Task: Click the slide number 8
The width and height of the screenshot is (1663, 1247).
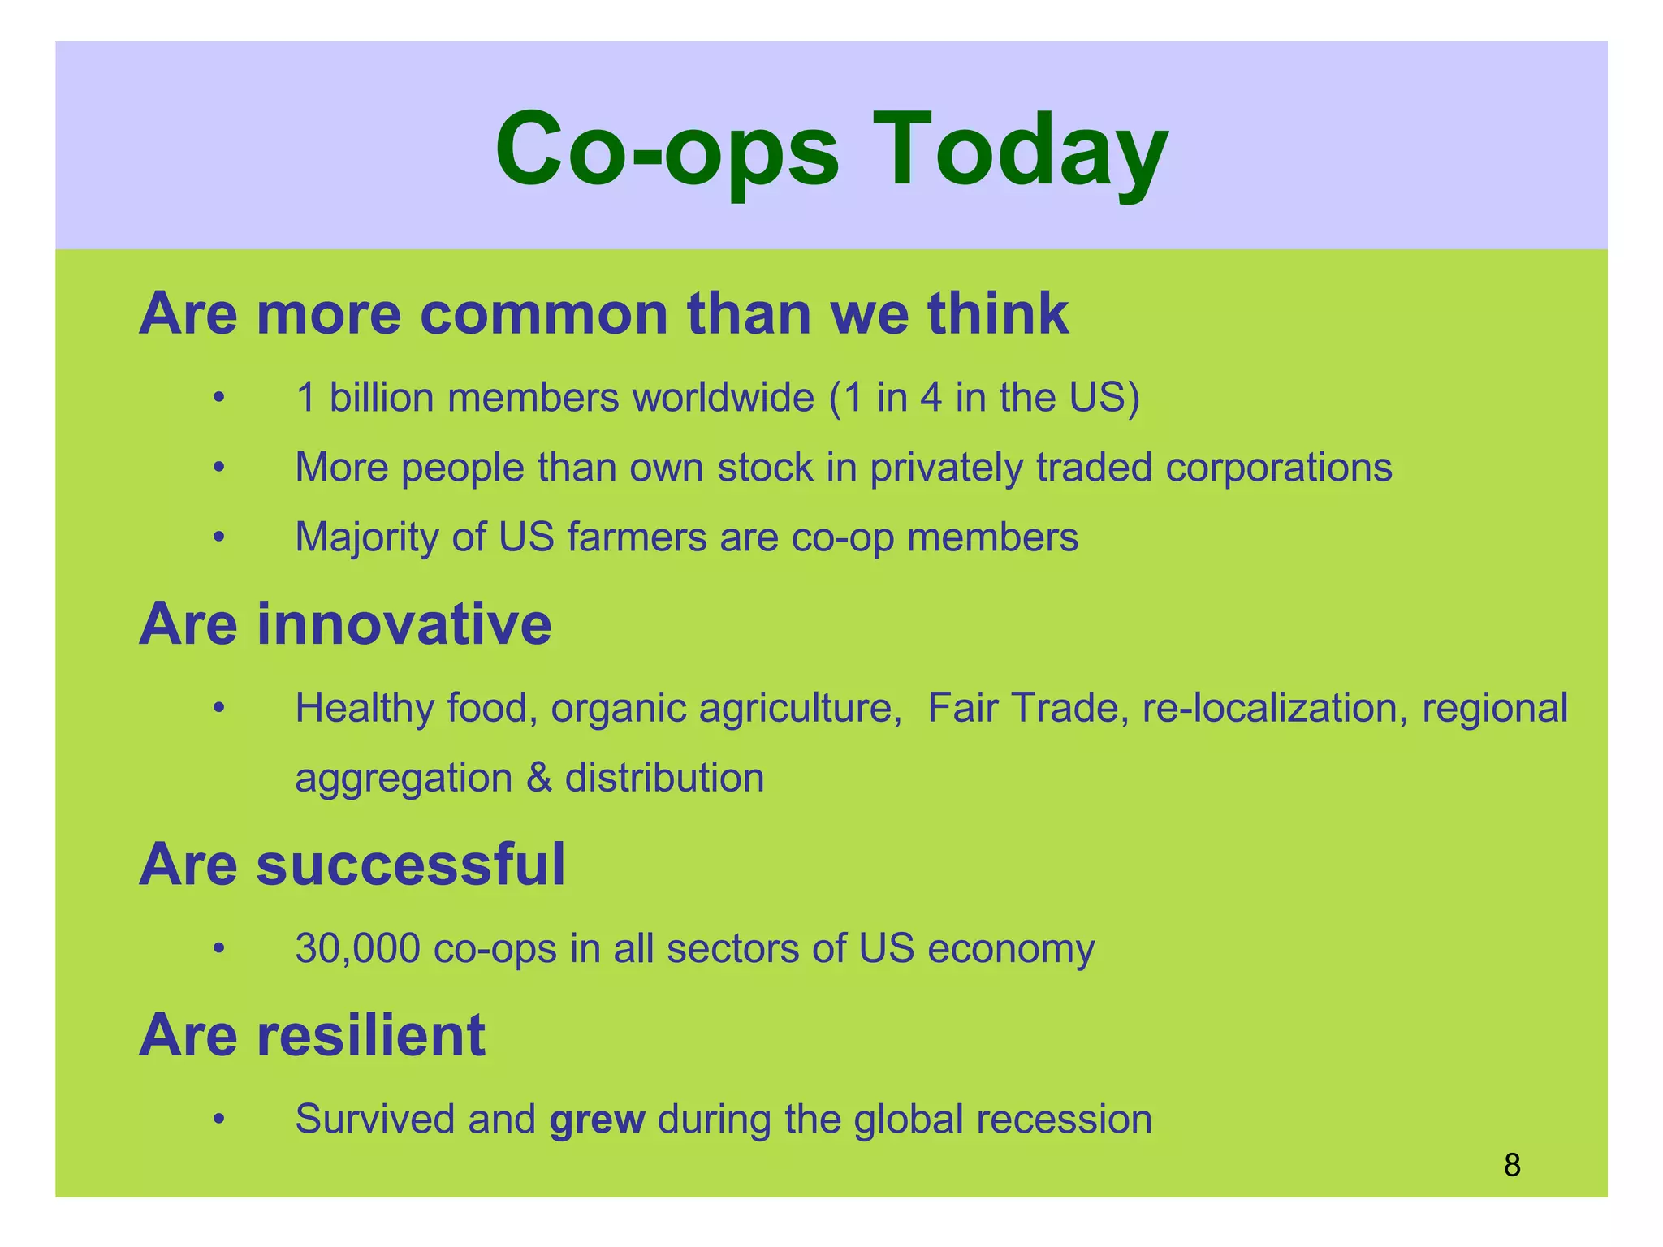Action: tap(1512, 1165)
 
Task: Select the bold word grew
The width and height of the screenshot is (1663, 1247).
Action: tap(597, 1120)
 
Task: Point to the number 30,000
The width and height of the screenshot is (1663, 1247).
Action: tap(358, 948)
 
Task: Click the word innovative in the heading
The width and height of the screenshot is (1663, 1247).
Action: tap(404, 624)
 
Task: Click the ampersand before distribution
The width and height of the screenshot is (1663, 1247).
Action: tap(538, 778)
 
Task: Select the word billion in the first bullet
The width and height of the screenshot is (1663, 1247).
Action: tap(382, 398)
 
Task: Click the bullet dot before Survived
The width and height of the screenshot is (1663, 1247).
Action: tap(218, 1120)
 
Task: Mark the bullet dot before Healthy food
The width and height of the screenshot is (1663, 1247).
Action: tap(218, 709)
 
